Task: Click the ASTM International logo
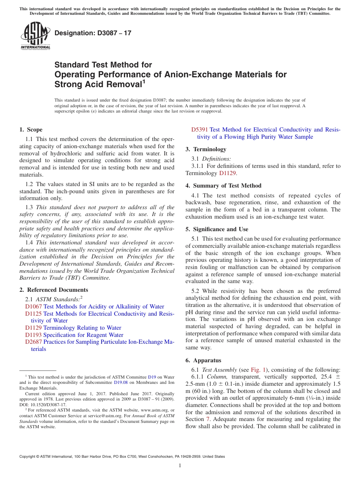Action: (x=35, y=36)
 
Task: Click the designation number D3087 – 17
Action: (x=93, y=33)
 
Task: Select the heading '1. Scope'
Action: (x=31, y=130)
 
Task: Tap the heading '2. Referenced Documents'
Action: (x=54, y=290)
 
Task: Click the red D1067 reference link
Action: (x=33, y=307)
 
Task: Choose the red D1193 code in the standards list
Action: (x=33, y=335)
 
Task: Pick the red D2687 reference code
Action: (x=33, y=342)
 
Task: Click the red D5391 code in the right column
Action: (x=199, y=130)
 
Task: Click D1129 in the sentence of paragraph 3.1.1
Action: (x=228, y=173)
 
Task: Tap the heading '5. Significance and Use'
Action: (x=217, y=229)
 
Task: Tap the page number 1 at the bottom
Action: (x=180, y=465)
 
